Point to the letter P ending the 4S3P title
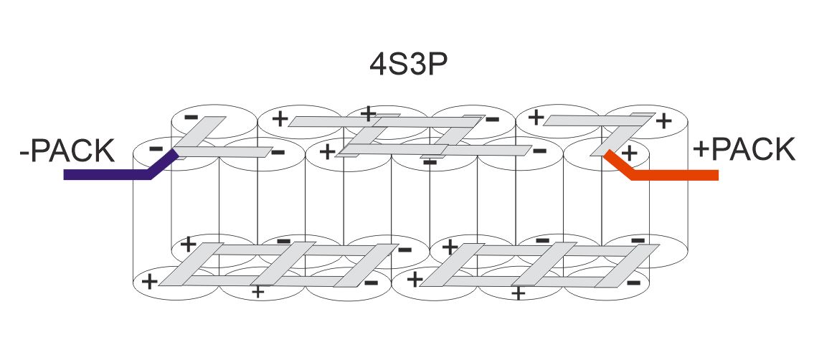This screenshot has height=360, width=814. (438, 65)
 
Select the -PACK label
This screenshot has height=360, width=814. (67, 151)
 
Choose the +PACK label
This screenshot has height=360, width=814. (744, 151)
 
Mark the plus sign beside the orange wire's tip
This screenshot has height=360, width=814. (630, 153)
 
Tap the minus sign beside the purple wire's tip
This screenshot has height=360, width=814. (156, 148)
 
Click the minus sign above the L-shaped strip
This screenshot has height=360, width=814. (191, 115)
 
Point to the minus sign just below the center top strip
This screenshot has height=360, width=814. (430, 163)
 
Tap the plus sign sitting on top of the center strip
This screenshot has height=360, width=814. (369, 113)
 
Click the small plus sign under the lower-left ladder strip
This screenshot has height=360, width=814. (258, 291)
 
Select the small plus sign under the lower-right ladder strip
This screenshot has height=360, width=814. (519, 293)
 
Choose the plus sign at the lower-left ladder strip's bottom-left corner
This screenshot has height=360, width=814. (149, 281)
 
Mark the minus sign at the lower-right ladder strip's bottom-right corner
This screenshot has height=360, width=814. (633, 283)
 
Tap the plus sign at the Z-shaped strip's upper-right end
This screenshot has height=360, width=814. (663, 120)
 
